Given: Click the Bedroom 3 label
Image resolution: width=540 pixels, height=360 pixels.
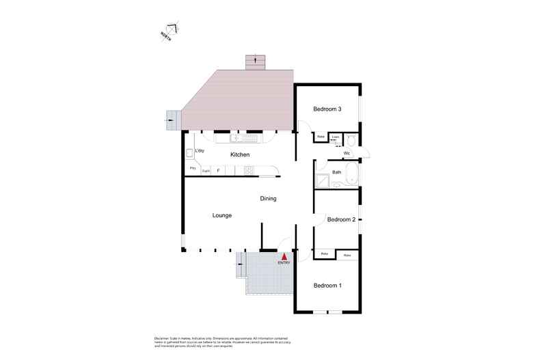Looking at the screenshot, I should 327,109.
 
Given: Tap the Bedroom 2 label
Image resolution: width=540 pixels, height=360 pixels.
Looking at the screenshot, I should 340,219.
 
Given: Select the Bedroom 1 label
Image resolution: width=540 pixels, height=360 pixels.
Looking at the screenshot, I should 327,285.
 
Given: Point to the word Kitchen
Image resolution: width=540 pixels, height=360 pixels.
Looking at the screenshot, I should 240,155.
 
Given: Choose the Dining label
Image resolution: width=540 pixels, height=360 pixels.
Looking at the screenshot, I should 268,199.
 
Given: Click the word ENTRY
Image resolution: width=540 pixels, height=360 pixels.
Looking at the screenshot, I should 284,262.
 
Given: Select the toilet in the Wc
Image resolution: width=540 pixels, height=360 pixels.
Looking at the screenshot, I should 350,141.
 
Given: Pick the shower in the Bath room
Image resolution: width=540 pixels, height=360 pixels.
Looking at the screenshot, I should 322,181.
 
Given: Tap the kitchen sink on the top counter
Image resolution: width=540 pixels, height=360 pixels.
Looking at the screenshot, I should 245,138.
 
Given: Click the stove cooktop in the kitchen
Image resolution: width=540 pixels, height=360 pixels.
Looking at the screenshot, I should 249,170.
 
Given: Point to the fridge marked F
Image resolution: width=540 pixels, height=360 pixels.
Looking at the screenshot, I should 217,170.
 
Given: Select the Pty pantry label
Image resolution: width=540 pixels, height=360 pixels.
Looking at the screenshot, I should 193,168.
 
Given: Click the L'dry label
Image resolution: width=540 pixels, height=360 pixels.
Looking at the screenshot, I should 200,150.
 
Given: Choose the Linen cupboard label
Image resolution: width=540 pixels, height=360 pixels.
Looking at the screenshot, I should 335,137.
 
